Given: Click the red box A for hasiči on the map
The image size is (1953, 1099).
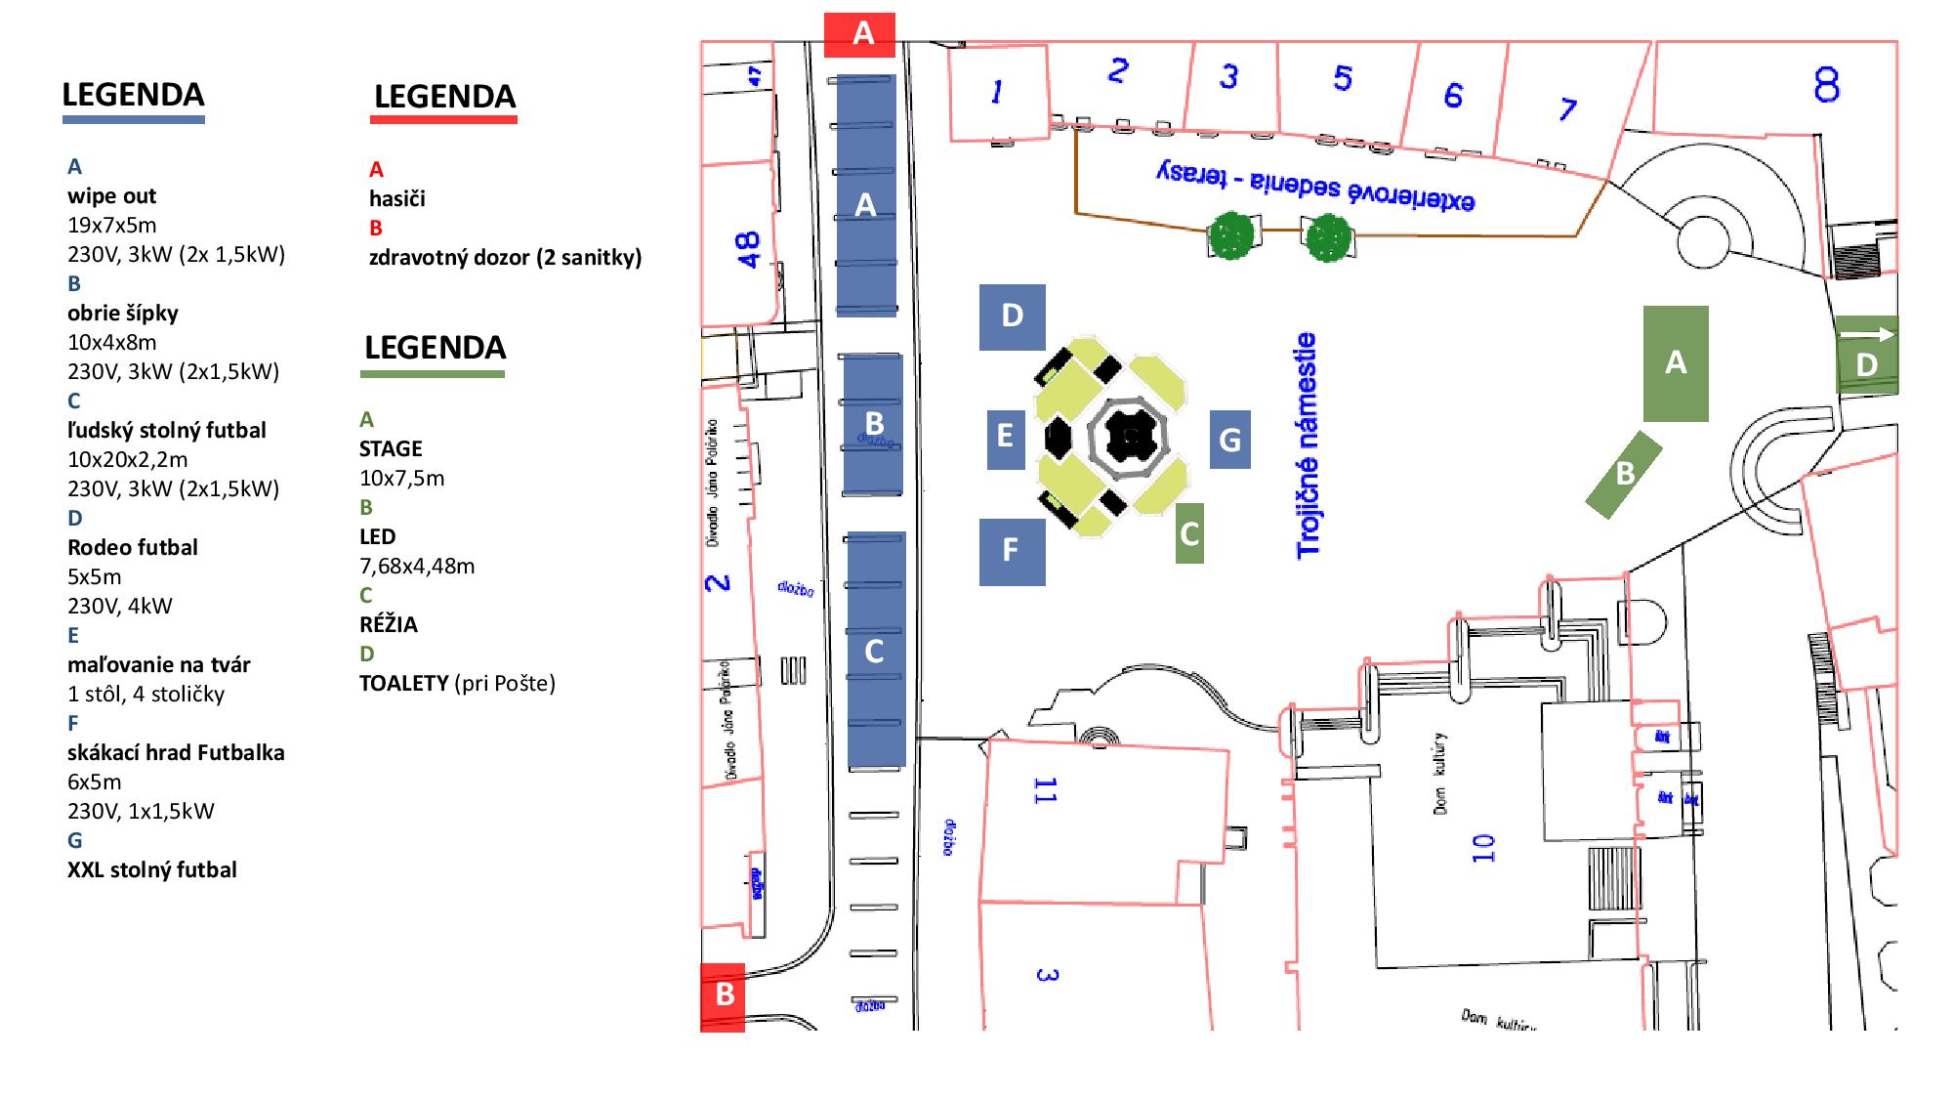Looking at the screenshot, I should (x=859, y=35).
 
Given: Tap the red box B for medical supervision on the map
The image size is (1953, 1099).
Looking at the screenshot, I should (x=723, y=996).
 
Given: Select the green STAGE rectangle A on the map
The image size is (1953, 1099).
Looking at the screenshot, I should (x=1676, y=363).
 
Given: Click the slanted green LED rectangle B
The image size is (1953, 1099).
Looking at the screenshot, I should (x=1623, y=475).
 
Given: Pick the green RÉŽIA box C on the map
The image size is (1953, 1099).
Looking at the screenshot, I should (x=1189, y=533).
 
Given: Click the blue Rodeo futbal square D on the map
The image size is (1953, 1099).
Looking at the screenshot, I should (x=1012, y=317).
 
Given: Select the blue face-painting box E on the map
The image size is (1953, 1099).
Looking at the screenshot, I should (x=1005, y=436).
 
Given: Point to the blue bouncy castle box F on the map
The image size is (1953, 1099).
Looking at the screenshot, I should (x=1012, y=551).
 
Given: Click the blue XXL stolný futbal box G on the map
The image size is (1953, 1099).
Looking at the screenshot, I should (x=1229, y=440).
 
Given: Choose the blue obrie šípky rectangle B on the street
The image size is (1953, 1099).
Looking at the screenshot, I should (x=873, y=424).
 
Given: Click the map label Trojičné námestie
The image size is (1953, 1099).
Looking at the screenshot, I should (x=1307, y=445).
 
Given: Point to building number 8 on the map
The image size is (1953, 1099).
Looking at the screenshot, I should (x=1826, y=85).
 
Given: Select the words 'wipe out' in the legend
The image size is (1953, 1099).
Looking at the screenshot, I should (x=111, y=195).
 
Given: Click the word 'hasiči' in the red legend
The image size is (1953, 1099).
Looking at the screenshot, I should (x=396, y=198).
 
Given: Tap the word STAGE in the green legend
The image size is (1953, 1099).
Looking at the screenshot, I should (x=391, y=448).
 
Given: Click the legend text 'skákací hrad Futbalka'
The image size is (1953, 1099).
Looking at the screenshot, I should (x=176, y=752).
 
